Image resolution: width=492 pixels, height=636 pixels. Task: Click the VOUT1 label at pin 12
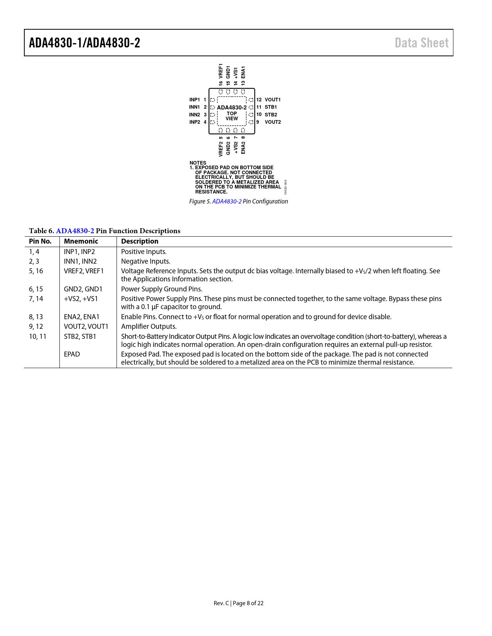point(272,100)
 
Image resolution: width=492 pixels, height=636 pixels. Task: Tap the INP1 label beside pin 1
point(194,100)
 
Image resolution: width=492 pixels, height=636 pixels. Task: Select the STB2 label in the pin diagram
point(271,114)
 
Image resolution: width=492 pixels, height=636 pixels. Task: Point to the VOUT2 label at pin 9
point(272,122)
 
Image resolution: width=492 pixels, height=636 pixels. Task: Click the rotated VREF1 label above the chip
point(221,71)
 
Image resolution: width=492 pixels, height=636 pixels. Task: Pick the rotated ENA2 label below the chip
point(243,148)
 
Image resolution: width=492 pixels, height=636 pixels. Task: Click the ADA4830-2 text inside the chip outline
point(232,108)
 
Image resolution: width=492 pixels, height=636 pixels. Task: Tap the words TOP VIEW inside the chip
point(232,116)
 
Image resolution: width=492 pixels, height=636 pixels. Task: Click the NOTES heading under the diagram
point(198,163)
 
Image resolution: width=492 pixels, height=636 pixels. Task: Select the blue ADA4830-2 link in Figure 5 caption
point(227,201)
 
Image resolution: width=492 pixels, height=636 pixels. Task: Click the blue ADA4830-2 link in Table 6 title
point(75,231)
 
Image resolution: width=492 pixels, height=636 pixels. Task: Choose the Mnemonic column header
point(81,241)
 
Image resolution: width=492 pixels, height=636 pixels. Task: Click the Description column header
point(140,241)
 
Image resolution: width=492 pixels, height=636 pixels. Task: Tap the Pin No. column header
point(40,241)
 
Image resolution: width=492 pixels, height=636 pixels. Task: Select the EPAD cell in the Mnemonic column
point(72,354)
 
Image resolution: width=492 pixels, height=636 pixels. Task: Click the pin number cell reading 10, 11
point(37,337)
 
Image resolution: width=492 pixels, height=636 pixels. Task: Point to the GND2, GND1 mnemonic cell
point(83,289)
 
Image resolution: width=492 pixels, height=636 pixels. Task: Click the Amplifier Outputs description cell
point(149,326)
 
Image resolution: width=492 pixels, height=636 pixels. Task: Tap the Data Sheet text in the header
point(421,43)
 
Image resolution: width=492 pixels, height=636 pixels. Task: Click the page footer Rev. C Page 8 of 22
point(238,603)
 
